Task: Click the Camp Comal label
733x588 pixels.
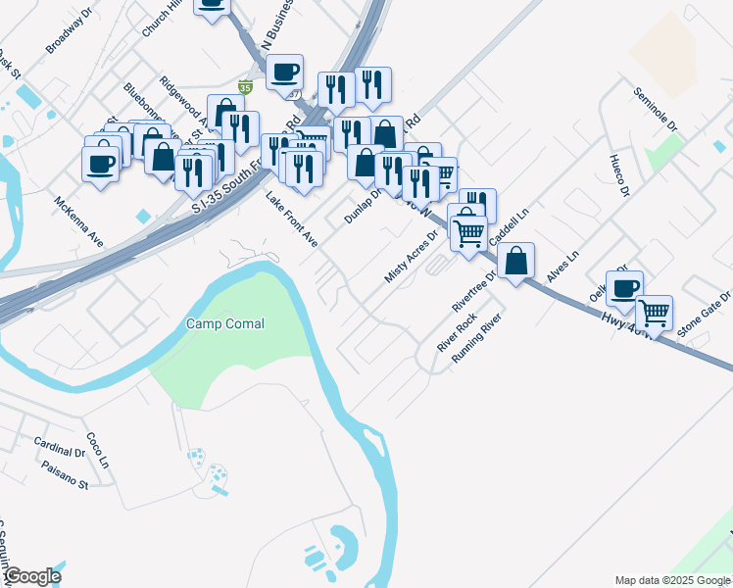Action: [x=225, y=323]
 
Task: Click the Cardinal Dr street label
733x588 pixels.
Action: [x=59, y=447]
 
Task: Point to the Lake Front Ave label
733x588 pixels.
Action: [x=292, y=220]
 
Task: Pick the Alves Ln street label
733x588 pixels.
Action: [x=563, y=267]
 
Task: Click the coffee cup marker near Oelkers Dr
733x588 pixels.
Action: [x=624, y=288]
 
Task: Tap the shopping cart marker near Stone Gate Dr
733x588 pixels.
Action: [x=654, y=313]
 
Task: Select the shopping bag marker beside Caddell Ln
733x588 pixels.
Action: [x=515, y=261]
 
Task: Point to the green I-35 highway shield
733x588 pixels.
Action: [x=246, y=88]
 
